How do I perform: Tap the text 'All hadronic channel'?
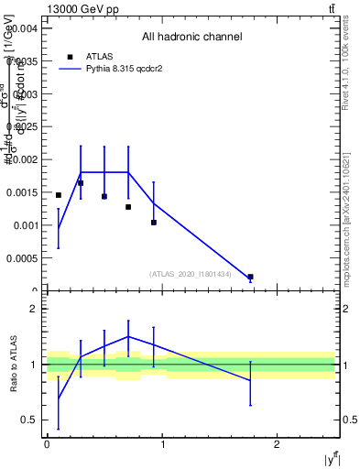pos(191,37)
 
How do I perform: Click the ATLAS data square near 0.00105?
pos(154,222)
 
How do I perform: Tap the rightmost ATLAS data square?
pos(250,277)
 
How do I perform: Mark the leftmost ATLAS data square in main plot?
pos(59,195)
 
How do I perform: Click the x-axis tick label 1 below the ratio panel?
pos(162,445)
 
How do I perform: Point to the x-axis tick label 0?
pos(47,445)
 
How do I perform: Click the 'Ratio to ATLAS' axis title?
pos(15,365)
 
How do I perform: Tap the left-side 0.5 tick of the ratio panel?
pos(33,420)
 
